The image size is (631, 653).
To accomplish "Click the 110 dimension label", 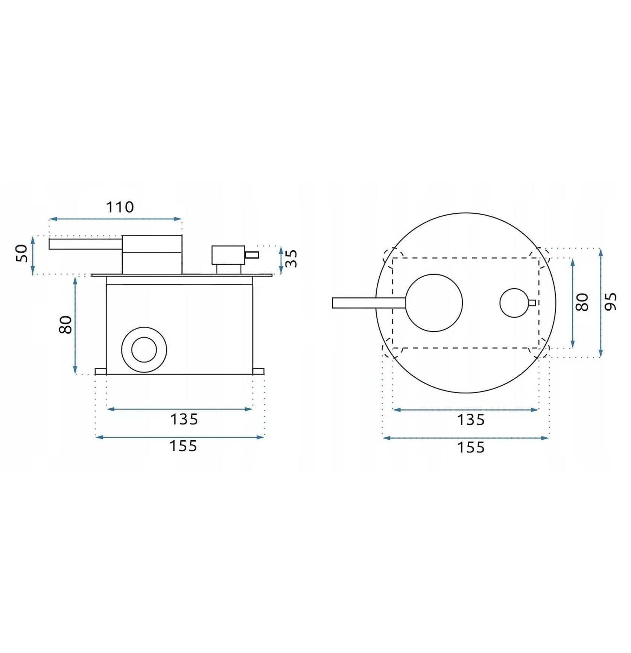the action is pos(120,207).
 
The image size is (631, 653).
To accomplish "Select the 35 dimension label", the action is pos(291,258).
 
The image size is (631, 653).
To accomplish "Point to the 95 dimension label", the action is pos(610,301).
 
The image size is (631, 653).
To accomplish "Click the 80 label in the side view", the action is pos(65,324).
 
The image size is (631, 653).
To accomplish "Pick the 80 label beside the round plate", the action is pos(582,302).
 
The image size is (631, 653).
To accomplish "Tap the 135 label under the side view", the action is pos(184,419).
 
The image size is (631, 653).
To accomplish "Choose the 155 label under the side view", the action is pos(183,446).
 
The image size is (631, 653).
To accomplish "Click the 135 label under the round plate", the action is pos(471,420).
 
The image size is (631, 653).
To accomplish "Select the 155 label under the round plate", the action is pos(471,448).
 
